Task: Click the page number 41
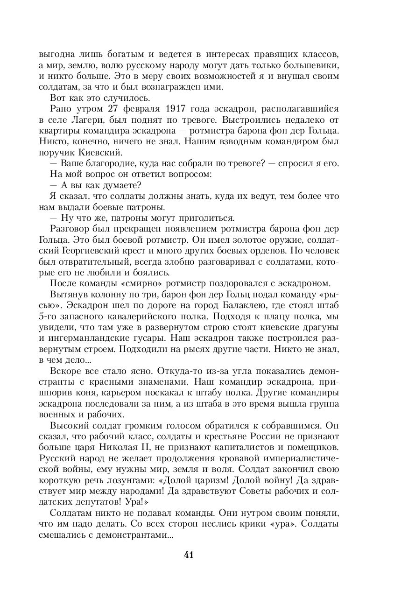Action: [189, 554]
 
